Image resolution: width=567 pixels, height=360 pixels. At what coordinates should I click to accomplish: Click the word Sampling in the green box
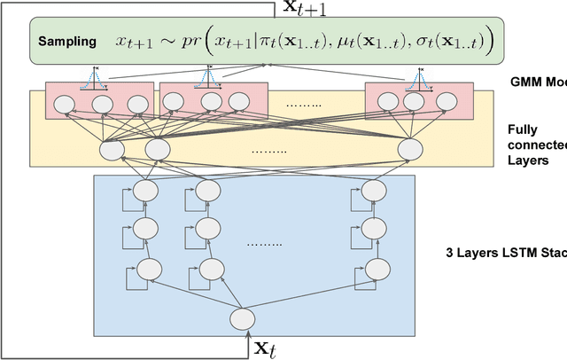[67, 42]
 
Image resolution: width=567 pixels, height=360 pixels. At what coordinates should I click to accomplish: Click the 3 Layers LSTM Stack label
[506, 252]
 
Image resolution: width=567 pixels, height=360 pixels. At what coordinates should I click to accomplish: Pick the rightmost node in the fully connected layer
[408, 150]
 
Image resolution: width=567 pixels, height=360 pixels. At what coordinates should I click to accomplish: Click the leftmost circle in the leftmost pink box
[65, 104]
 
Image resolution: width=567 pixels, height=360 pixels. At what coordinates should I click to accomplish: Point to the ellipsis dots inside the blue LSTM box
[264, 244]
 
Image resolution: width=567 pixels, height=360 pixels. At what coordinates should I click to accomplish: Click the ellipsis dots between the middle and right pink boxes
[306, 104]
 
